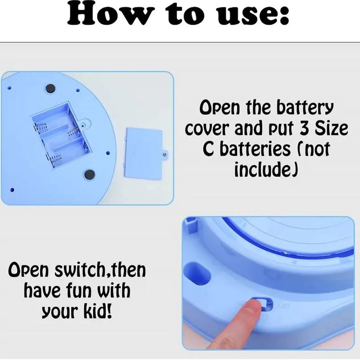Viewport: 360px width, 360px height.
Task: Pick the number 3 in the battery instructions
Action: (305, 129)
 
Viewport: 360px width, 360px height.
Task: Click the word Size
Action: (331, 129)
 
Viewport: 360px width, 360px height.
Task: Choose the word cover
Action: (209, 129)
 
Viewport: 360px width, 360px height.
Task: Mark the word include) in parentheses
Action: (266, 170)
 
